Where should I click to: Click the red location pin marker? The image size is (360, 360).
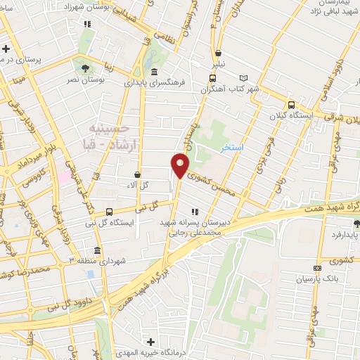[180, 166]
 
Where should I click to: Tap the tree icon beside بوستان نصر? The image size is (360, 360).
[85, 68]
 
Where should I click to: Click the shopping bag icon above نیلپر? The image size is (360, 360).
[219, 53]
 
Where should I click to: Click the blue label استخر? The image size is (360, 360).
[231, 148]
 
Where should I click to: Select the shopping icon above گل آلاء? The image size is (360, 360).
[136, 174]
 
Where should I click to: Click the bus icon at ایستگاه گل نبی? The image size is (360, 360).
[108, 211]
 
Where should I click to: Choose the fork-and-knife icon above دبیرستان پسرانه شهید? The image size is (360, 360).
[195, 211]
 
